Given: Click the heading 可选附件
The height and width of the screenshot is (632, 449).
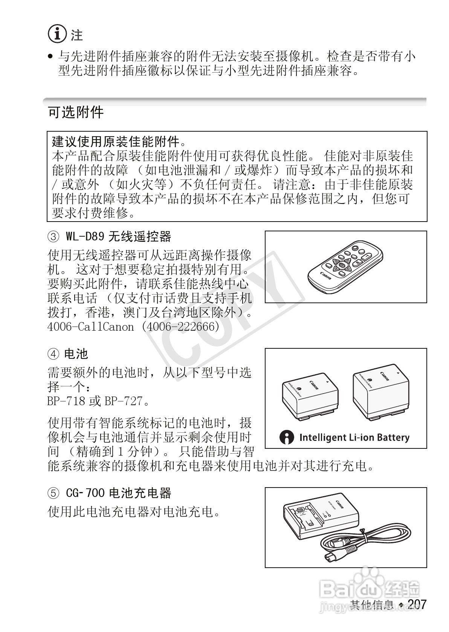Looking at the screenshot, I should (x=76, y=112).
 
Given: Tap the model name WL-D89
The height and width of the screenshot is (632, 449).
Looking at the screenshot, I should (x=85, y=237).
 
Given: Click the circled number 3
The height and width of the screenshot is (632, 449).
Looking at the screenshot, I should (x=53, y=237).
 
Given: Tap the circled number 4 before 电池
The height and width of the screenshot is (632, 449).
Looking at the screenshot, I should (x=53, y=354).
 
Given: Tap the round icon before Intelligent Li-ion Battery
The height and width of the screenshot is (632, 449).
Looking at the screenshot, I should (x=287, y=438).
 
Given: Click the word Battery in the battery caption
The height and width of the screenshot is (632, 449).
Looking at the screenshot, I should (x=392, y=438).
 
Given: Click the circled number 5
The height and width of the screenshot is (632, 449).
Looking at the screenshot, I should (x=53, y=493).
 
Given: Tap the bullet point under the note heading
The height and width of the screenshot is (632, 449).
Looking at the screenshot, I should (x=50, y=58).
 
